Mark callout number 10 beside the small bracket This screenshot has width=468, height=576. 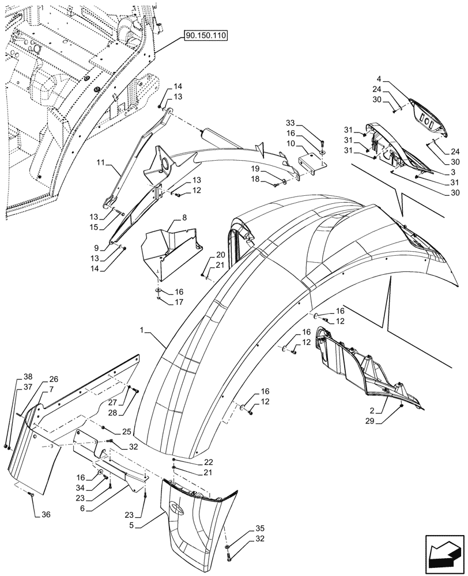[290, 142]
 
